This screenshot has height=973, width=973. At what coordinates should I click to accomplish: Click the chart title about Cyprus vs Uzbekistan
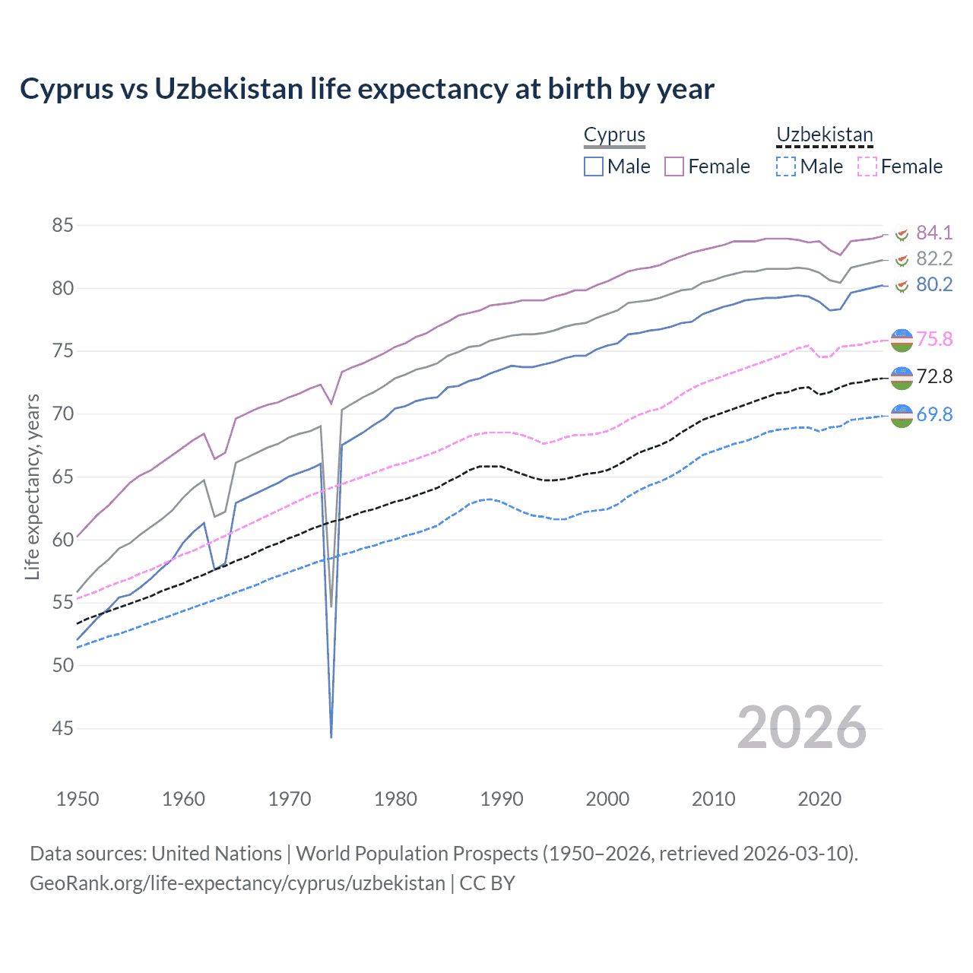367,89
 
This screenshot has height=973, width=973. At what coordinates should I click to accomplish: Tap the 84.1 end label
934,233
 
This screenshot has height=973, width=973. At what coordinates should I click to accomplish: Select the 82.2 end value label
934,258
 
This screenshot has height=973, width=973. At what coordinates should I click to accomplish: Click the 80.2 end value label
934,284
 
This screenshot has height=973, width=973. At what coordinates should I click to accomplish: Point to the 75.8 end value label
934,339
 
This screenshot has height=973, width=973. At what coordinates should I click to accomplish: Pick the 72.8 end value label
934,376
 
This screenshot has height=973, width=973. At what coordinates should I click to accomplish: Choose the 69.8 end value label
934,414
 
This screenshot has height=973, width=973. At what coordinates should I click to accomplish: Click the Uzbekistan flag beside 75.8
902,340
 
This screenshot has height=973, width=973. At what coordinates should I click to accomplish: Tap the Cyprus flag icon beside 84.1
902,233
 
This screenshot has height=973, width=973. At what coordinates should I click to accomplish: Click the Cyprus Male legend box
594,166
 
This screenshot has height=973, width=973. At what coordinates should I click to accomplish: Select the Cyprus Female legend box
674,166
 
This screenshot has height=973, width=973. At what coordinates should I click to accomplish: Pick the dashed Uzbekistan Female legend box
867,166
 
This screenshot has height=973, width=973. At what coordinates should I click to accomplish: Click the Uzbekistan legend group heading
824,135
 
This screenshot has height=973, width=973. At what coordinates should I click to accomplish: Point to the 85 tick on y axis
62,225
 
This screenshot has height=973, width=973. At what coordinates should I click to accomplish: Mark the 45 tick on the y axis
62,728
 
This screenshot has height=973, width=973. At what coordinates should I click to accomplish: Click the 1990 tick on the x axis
502,799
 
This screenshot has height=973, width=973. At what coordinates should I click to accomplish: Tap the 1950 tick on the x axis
78,799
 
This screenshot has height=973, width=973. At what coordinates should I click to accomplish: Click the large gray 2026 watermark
801,727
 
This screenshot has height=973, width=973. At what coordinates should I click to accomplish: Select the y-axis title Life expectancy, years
32,486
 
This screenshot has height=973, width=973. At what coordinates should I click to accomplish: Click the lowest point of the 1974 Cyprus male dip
331,737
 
